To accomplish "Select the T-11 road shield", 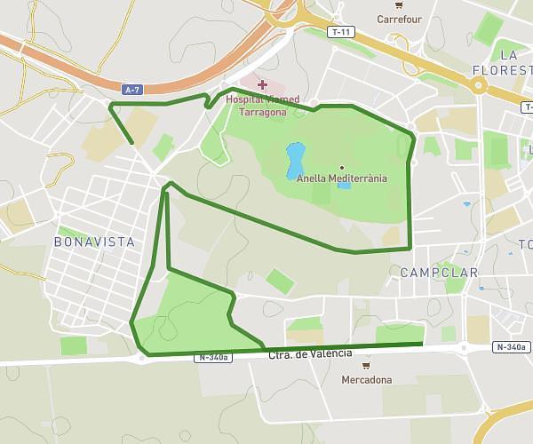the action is (340, 32).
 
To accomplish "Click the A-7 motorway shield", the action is (132, 89).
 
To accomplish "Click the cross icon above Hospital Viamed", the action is (262, 84).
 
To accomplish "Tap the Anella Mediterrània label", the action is (342, 178).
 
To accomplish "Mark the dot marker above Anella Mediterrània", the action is (342, 167).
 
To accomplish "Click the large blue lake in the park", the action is (295, 160).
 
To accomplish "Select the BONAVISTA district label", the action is (94, 242).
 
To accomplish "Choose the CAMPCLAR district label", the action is (439, 273).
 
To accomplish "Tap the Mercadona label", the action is (366, 380).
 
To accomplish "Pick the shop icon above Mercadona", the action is (366, 365).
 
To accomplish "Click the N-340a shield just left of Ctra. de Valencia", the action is (214, 358).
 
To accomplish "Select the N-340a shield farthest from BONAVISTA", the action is (512, 347).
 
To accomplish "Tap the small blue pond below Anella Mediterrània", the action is (344, 186).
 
